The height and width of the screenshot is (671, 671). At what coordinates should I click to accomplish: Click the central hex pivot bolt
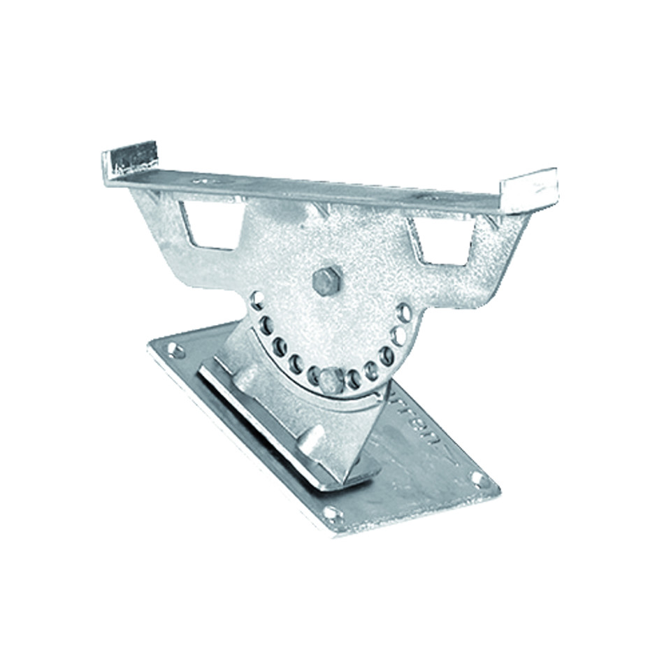[x=326, y=281]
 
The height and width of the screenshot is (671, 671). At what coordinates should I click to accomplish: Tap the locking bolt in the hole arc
[x=331, y=380]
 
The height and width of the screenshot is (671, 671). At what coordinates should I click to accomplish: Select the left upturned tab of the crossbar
[x=130, y=158]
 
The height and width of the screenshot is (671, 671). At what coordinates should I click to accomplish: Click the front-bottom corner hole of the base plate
[x=333, y=515]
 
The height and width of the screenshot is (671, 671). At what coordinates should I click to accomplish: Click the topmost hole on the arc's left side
[x=257, y=302]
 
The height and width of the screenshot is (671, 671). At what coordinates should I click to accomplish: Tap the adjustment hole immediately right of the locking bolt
[x=354, y=378]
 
